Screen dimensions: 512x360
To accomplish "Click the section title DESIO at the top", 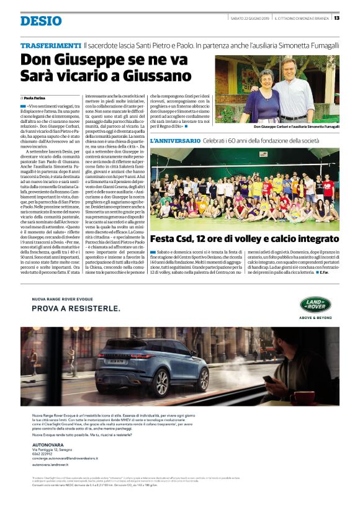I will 41,21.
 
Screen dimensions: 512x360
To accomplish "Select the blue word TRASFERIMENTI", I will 51,46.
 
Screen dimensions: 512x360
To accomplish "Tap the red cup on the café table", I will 301,398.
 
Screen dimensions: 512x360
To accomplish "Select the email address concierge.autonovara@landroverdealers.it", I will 70,459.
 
